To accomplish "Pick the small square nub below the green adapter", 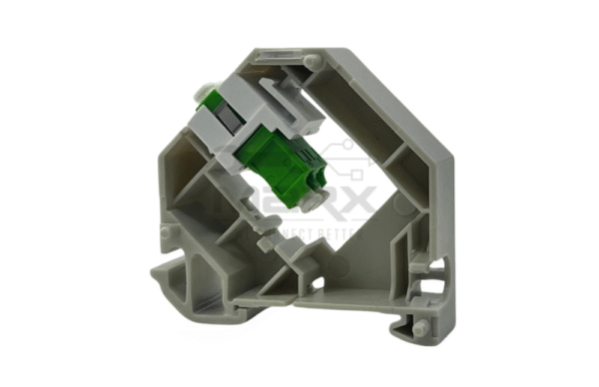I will click(264, 240).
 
